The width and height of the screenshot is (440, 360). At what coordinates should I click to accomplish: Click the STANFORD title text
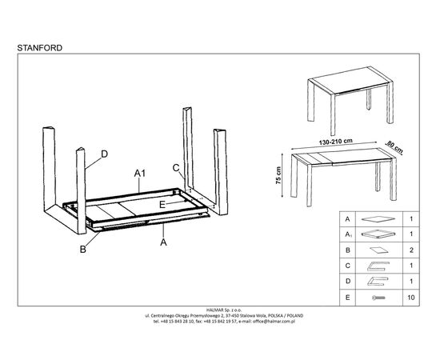(39, 48)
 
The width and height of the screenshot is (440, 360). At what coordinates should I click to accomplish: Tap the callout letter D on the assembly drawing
(104, 154)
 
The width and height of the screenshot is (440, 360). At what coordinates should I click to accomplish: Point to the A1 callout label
(140, 174)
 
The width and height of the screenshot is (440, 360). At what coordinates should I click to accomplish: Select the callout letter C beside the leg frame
(176, 168)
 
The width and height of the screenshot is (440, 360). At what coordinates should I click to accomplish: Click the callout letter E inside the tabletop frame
(162, 205)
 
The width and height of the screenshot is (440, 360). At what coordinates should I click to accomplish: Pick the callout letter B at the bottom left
(82, 249)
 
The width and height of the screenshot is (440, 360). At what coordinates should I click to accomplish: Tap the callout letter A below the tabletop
(163, 242)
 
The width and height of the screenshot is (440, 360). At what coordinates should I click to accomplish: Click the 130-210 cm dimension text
(335, 142)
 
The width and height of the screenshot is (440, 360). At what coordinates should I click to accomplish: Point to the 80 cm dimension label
(395, 146)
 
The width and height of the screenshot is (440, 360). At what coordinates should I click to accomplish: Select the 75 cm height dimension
(278, 175)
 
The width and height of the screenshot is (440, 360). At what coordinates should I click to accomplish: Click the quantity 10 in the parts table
(411, 298)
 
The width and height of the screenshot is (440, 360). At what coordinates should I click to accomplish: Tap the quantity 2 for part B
(411, 250)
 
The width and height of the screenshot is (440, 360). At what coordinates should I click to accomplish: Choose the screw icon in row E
(379, 298)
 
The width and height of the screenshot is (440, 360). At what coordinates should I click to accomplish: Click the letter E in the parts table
(348, 298)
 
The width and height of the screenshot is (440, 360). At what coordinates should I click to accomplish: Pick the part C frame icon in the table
(378, 266)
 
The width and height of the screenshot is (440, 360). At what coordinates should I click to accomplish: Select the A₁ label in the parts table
(348, 234)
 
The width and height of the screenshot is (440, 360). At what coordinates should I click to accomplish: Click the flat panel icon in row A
(378, 219)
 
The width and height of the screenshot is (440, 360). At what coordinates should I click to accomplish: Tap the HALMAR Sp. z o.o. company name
(224, 310)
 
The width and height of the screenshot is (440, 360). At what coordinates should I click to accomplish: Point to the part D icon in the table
(378, 281)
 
